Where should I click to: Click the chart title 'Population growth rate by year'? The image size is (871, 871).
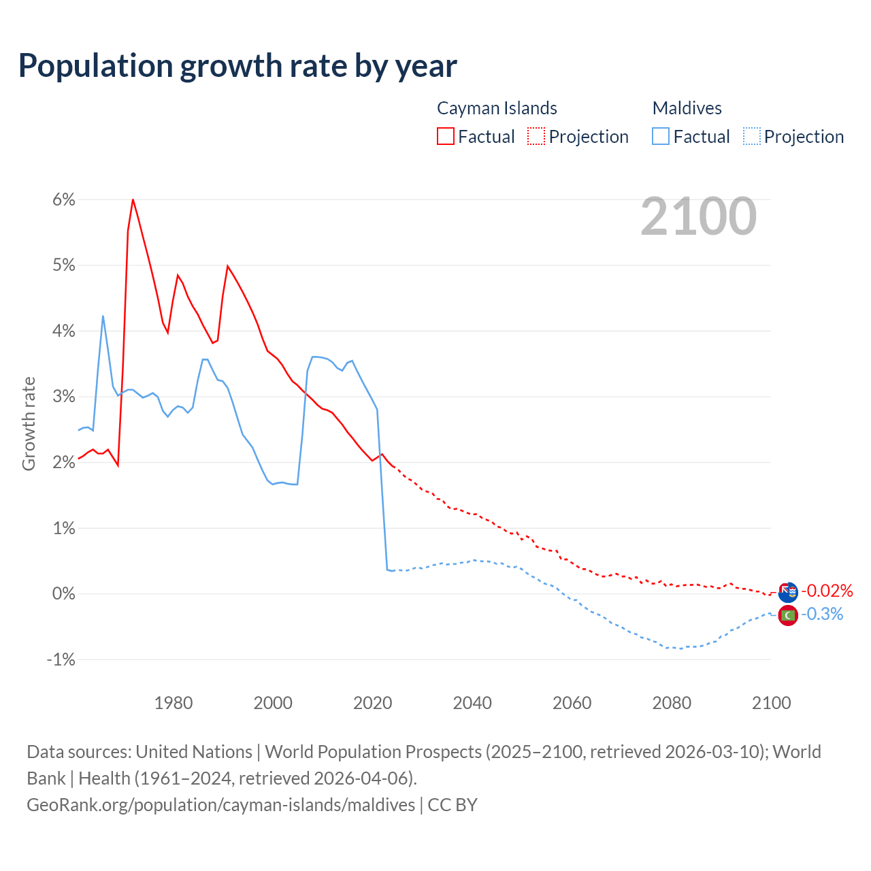(x=237, y=66)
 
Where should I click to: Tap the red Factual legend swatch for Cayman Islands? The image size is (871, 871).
(x=445, y=136)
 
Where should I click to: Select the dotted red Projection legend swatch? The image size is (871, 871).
(x=536, y=136)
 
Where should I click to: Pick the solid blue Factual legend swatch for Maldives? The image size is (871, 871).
(x=661, y=136)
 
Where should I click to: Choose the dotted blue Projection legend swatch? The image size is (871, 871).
(x=751, y=136)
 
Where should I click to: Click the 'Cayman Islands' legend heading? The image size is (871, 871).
(x=497, y=108)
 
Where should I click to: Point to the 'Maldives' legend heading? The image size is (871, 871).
(x=687, y=108)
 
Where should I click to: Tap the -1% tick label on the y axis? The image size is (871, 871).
(x=61, y=659)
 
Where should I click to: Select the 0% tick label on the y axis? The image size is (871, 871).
(x=63, y=593)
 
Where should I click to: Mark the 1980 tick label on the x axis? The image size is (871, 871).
(x=174, y=703)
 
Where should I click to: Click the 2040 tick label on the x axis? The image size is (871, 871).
(x=472, y=703)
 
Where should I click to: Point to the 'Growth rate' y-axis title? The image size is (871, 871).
(x=29, y=423)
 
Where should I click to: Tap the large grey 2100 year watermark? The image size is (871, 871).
(x=698, y=216)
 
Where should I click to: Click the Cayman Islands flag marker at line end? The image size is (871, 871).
(x=788, y=592)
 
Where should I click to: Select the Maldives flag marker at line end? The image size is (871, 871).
(x=788, y=615)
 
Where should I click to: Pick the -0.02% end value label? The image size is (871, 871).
(x=827, y=591)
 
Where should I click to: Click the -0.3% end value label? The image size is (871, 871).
(x=822, y=614)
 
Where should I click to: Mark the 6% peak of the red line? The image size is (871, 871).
(x=133, y=199)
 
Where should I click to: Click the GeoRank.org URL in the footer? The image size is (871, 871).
(x=220, y=805)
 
